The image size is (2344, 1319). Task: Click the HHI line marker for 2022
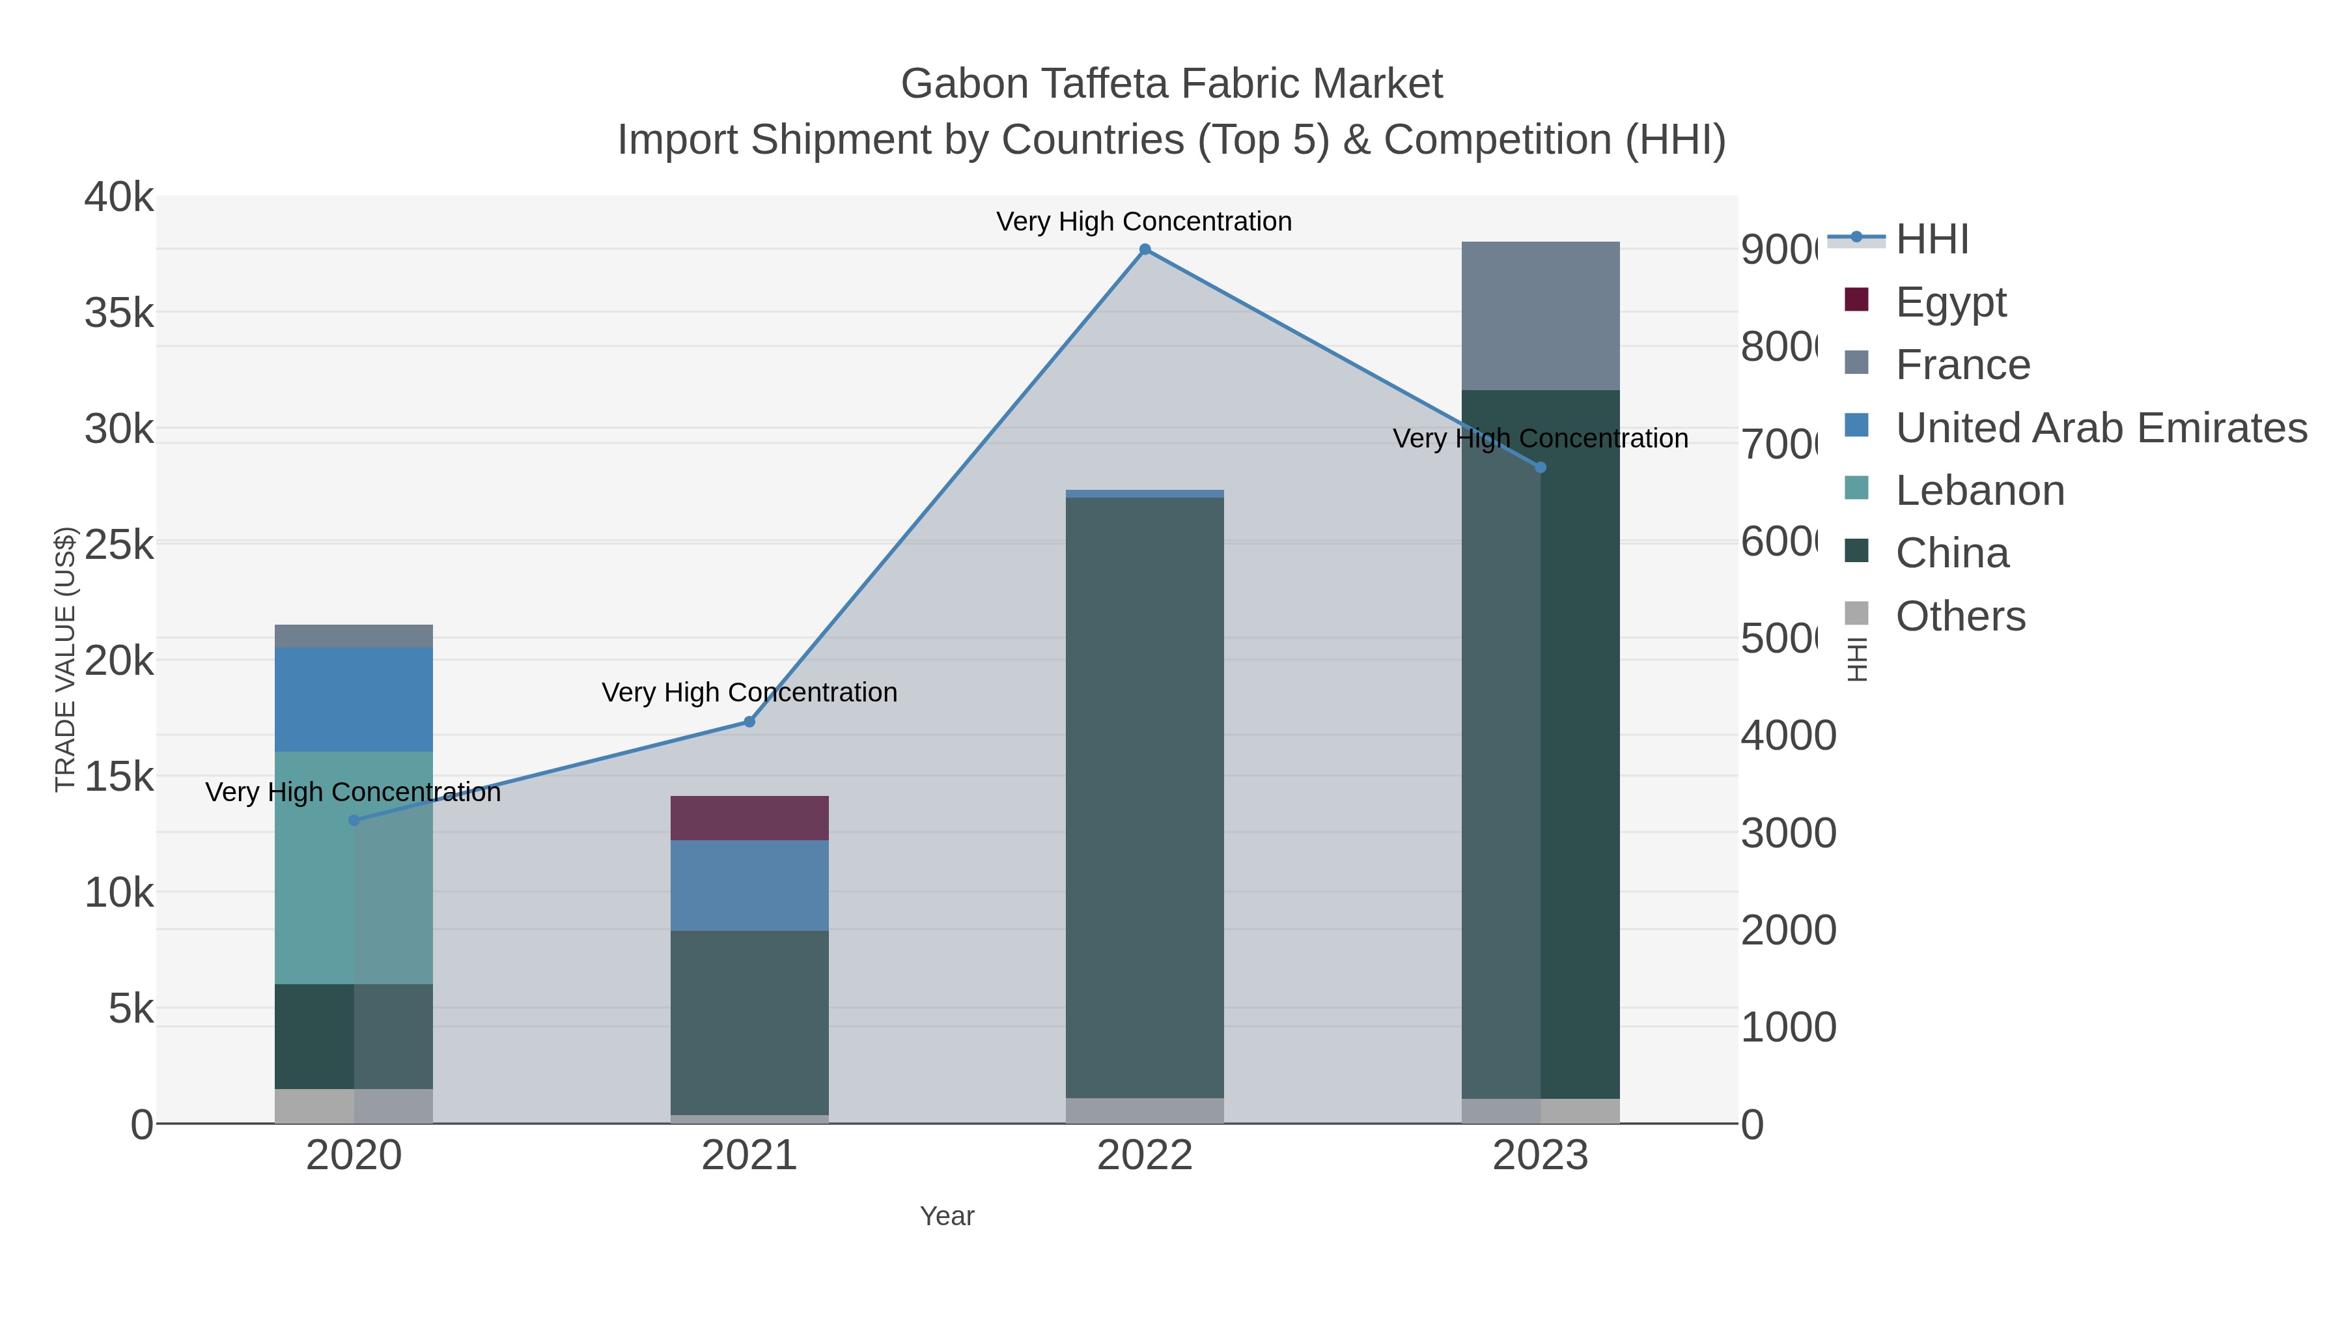tap(1145, 249)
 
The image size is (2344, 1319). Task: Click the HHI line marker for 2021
tap(749, 722)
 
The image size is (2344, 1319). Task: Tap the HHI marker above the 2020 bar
tap(354, 820)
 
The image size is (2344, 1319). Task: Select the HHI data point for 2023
tap(1541, 468)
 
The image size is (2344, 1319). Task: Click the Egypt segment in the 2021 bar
tap(749, 817)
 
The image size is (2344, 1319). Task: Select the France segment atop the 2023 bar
tap(1541, 316)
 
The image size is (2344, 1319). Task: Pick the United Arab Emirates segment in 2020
tap(354, 699)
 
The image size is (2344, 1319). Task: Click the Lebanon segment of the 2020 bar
tap(354, 868)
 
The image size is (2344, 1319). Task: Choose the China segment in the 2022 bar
tap(1145, 797)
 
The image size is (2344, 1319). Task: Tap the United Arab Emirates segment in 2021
tap(749, 885)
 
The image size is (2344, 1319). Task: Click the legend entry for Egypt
tap(1950, 302)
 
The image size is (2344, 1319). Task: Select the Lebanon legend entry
tap(1979, 490)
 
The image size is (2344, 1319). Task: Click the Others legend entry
tap(1959, 616)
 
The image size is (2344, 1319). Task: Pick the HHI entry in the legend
tap(1931, 240)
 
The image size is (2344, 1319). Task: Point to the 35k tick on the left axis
tap(119, 313)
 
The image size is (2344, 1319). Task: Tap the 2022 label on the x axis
tap(1145, 1156)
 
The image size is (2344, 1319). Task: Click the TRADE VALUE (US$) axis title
tap(66, 659)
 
